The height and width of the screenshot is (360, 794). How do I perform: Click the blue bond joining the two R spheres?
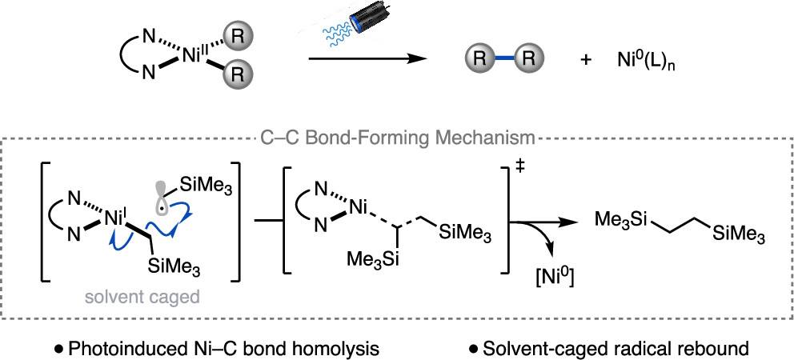tap(503, 59)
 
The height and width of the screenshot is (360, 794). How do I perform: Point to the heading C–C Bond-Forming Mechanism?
tap(397, 137)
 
